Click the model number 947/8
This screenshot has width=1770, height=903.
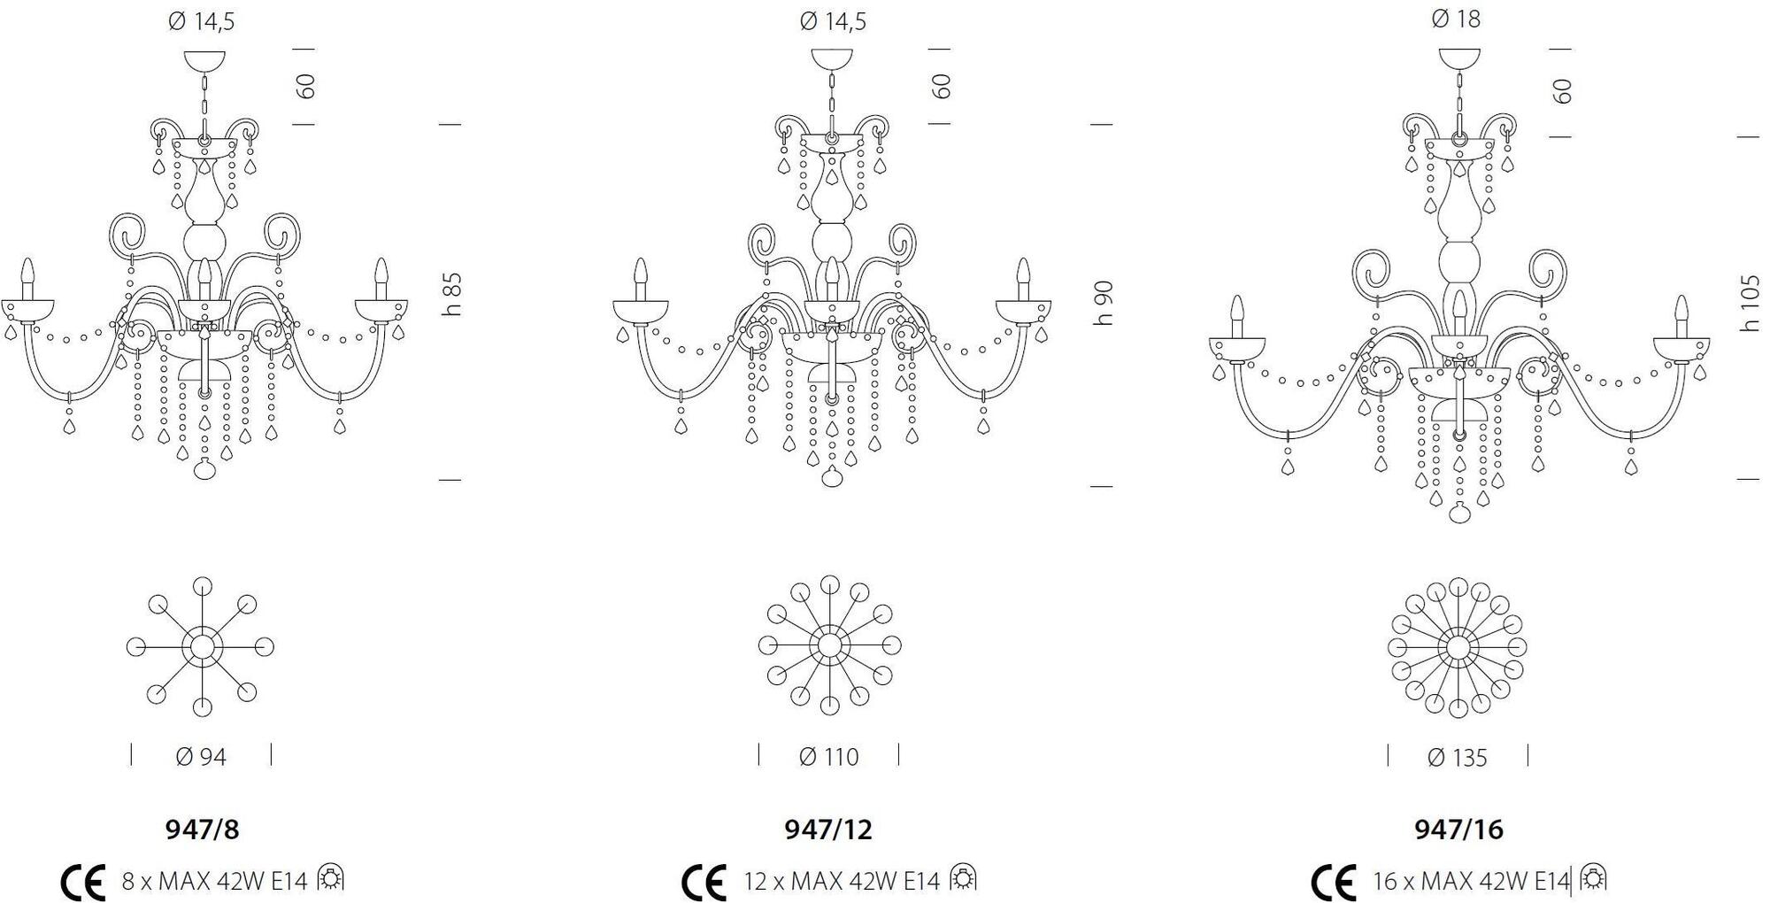pyautogui.click(x=203, y=830)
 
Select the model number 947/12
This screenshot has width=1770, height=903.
pyautogui.click(x=828, y=830)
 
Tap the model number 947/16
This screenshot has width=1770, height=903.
pyautogui.click(x=1458, y=830)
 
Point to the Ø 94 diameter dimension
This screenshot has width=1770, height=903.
pyautogui.click(x=201, y=757)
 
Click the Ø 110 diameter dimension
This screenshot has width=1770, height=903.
pyautogui.click(x=828, y=757)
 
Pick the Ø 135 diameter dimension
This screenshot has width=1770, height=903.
pyautogui.click(x=1457, y=758)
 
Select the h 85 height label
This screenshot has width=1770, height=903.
pyautogui.click(x=451, y=294)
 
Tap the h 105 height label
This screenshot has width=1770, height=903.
pyautogui.click(x=1750, y=303)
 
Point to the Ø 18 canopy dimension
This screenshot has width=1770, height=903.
pyautogui.click(x=1456, y=19)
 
